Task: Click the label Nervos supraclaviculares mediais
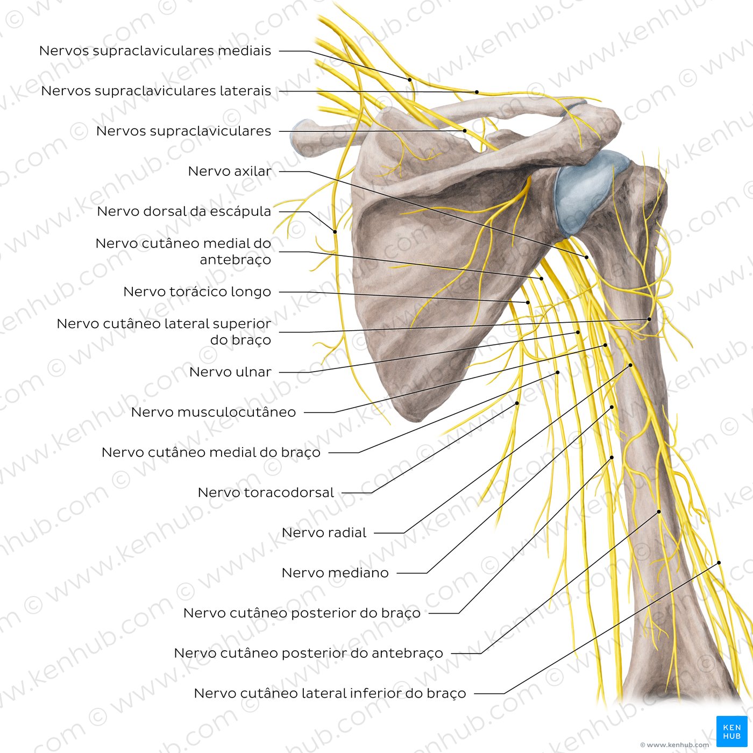(155, 51)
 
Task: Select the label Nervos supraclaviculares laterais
(156, 91)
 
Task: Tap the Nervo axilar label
(229, 171)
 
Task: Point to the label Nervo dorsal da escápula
(184, 211)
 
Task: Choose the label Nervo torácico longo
(197, 292)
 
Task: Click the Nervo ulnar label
(230, 372)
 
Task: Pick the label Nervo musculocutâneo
(214, 412)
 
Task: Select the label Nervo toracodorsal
(266, 493)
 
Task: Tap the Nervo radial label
(324, 533)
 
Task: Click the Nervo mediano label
(335, 573)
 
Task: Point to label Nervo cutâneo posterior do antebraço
(309, 653)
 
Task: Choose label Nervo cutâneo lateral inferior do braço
(330, 694)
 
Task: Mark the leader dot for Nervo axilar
(587, 258)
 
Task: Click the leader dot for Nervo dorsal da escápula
(335, 232)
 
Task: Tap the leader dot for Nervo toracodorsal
(517, 403)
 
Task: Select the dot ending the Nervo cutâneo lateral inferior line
(719, 563)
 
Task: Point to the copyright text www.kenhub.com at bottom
(675, 745)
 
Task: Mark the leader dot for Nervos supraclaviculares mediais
(410, 80)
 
